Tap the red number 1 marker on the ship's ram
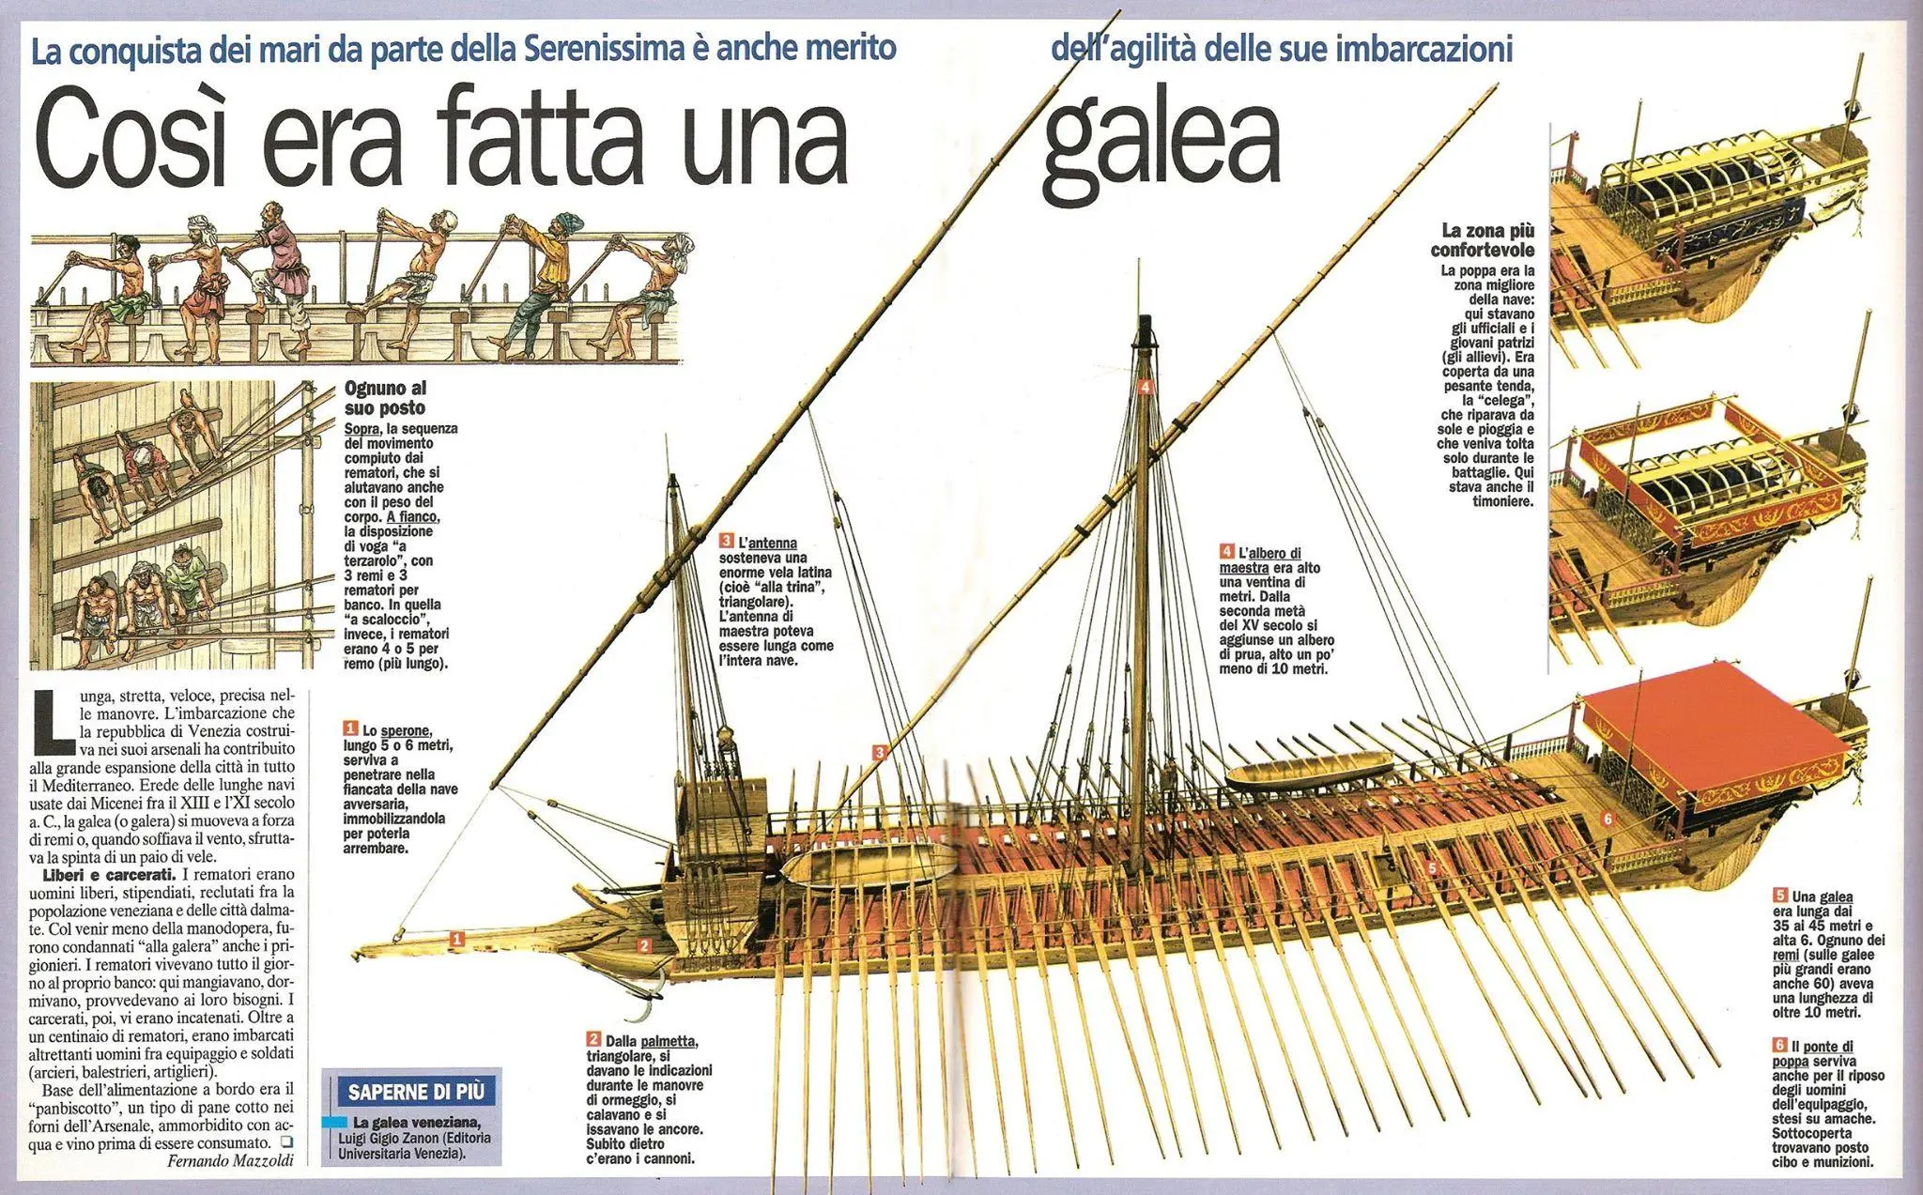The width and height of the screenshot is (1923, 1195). (456, 937)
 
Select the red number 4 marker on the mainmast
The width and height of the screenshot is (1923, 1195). (1145, 386)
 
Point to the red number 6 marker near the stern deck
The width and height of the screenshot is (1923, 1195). (1608, 819)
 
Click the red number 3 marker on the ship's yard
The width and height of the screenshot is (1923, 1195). (880, 752)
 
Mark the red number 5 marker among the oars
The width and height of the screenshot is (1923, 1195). (1432, 867)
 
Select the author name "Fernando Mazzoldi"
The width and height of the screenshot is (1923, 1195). (230, 1160)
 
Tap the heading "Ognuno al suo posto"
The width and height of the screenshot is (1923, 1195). (386, 398)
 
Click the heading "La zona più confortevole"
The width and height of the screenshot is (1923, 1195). (1483, 239)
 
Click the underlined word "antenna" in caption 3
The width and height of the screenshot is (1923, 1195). (773, 543)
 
